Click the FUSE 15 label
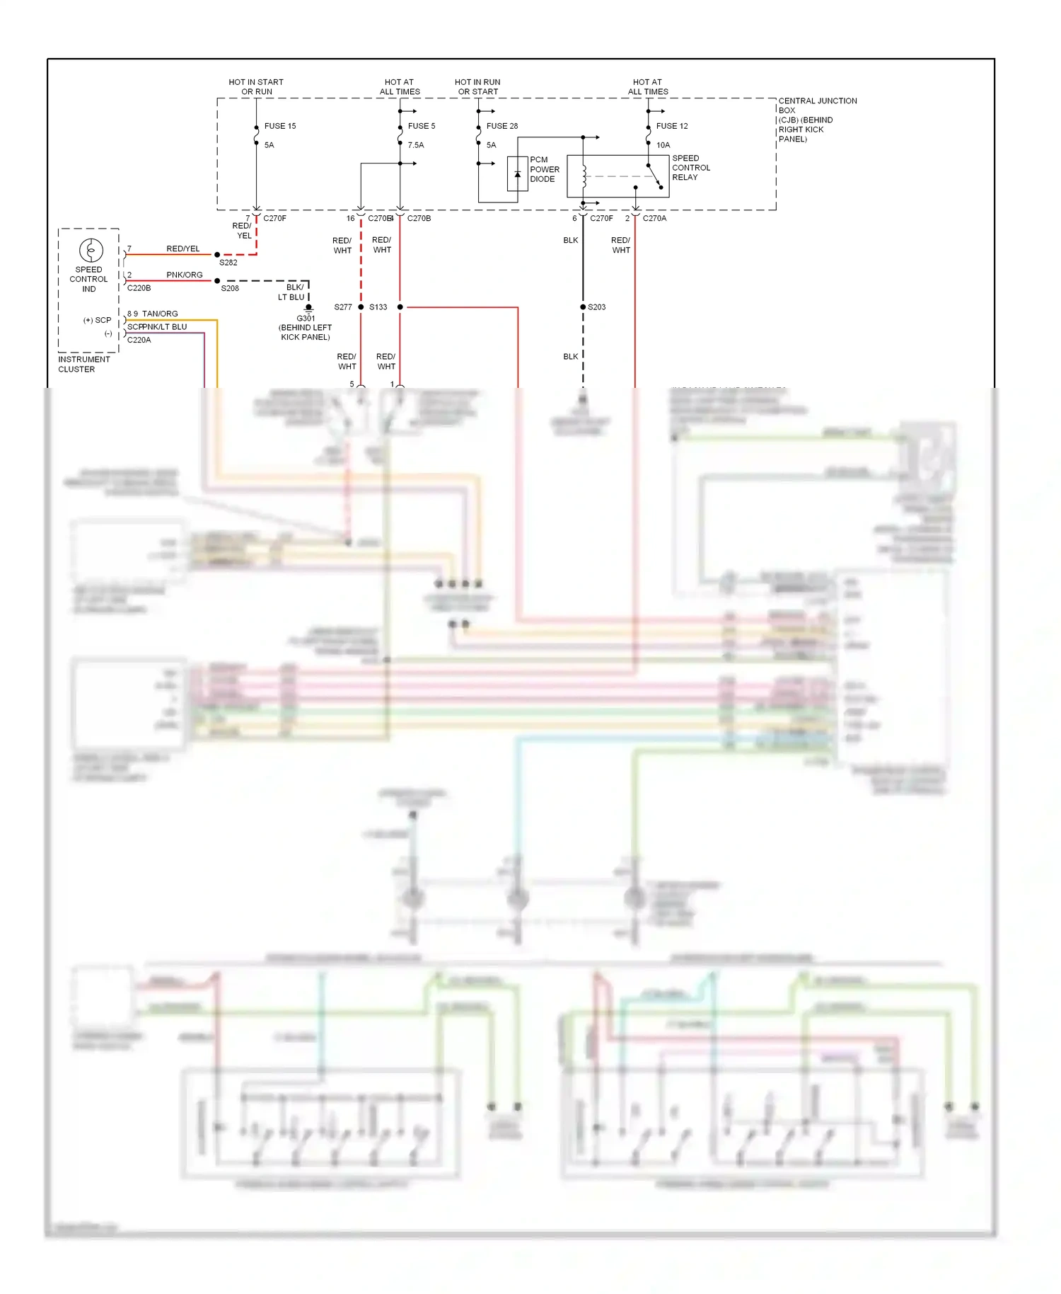click(x=280, y=126)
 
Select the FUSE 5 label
click(x=422, y=126)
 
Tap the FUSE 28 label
click(x=502, y=126)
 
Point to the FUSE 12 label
click(x=672, y=126)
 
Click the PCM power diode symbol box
click(x=517, y=173)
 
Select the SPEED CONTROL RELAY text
click(x=690, y=168)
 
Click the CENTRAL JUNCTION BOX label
click(x=817, y=120)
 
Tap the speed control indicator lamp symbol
click(x=91, y=250)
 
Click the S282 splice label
click(x=228, y=263)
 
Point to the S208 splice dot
click(x=217, y=281)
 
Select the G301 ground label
click(x=306, y=319)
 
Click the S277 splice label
click(x=343, y=307)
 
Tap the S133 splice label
click(x=378, y=307)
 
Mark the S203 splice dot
click(x=583, y=307)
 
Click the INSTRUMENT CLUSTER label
click(x=83, y=365)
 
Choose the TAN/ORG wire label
click(x=160, y=314)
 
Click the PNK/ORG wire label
click(x=185, y=275)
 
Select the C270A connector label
click(x=654, y=219)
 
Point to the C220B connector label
click(x=139, y=288)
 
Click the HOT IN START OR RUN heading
click(x=256, y=87)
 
